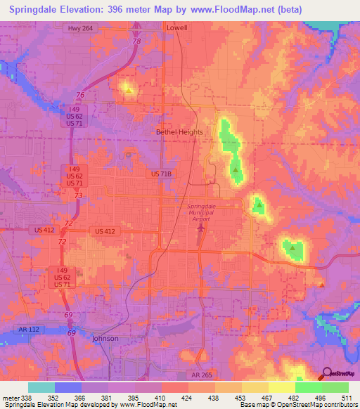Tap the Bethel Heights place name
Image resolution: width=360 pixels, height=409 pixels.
(179, 132)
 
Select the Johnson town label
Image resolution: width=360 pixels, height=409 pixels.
(105, 338)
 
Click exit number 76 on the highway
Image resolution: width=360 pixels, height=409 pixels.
(81, 95)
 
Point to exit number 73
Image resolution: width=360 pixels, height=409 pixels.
(79, 195)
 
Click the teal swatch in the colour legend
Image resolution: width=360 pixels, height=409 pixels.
(41, 387)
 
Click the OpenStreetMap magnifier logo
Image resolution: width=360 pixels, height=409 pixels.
(328, 374)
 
